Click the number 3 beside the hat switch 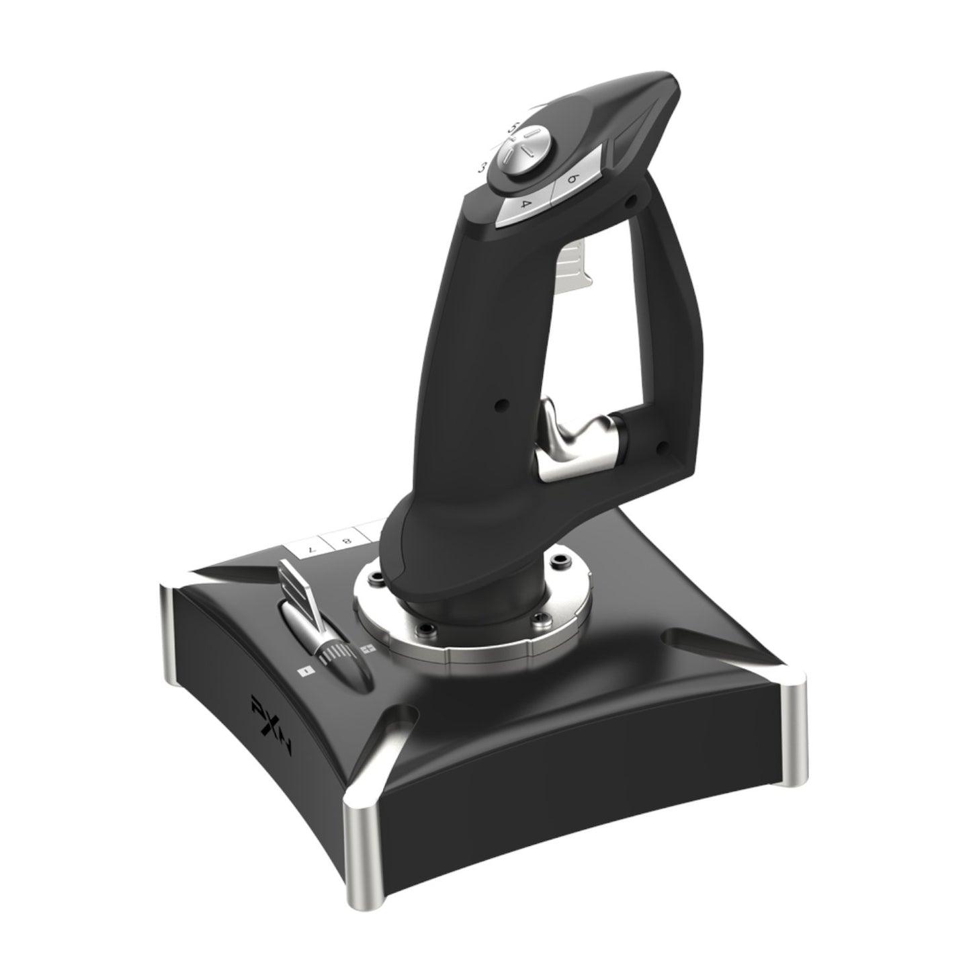coord(481,167)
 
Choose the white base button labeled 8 coord(345,539)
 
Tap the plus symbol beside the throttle coord(367,650)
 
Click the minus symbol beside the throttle coord(304,671)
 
